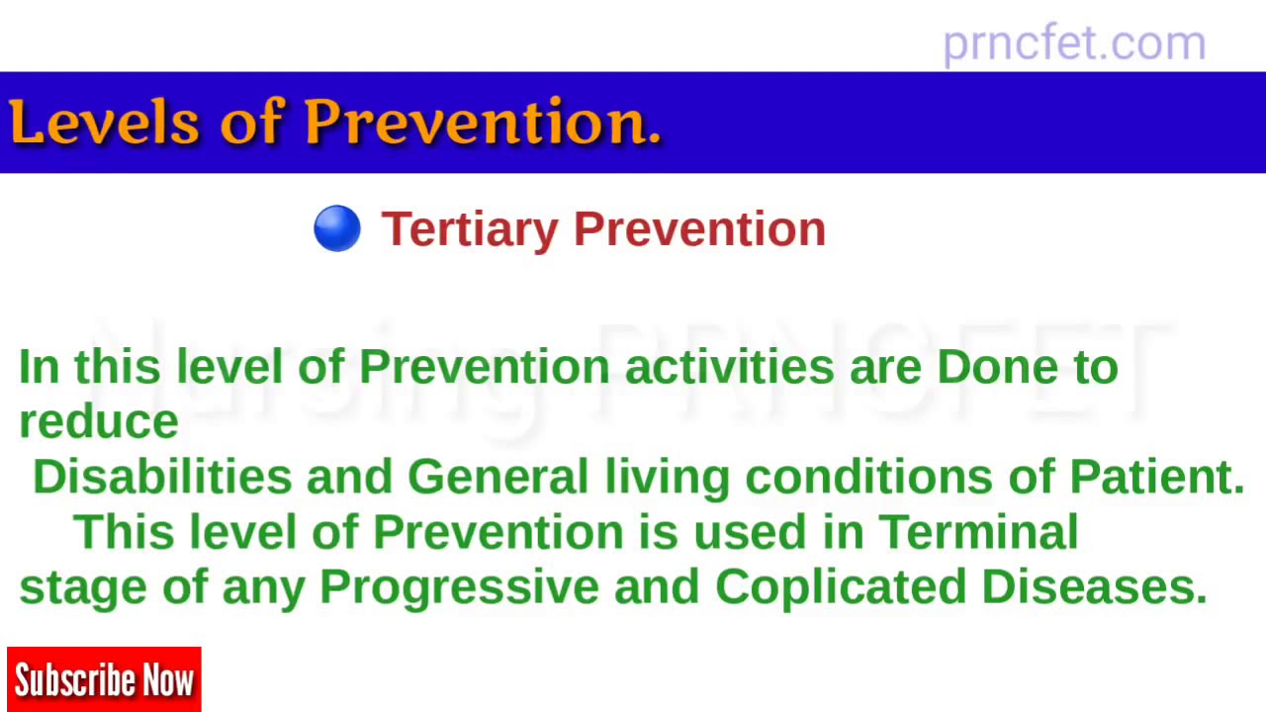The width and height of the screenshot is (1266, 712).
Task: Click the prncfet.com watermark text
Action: click(x=1074, y=44)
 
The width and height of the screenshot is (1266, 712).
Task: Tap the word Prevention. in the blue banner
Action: click(x=482, y=124)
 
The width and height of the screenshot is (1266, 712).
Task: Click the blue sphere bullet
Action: click(x=337, y=228)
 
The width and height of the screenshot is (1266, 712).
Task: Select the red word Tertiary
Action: click(x=470, y=229)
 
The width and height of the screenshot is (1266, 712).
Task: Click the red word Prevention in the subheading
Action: click(x=699, y=229)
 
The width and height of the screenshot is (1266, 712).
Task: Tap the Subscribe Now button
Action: click(x=104, y=680)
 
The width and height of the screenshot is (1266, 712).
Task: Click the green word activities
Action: click(x=729, y=367)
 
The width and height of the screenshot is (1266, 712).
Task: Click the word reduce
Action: click(x=99, y=422)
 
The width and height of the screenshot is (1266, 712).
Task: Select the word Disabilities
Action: click(x=162, y=477)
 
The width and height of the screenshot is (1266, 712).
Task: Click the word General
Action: click(x=497, y=477)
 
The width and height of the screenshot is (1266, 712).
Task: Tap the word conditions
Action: click(x=868, y=477)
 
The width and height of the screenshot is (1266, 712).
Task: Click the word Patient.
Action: click(x=1156, y=477)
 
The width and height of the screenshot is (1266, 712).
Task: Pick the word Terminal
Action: click(x=978, y=532)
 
